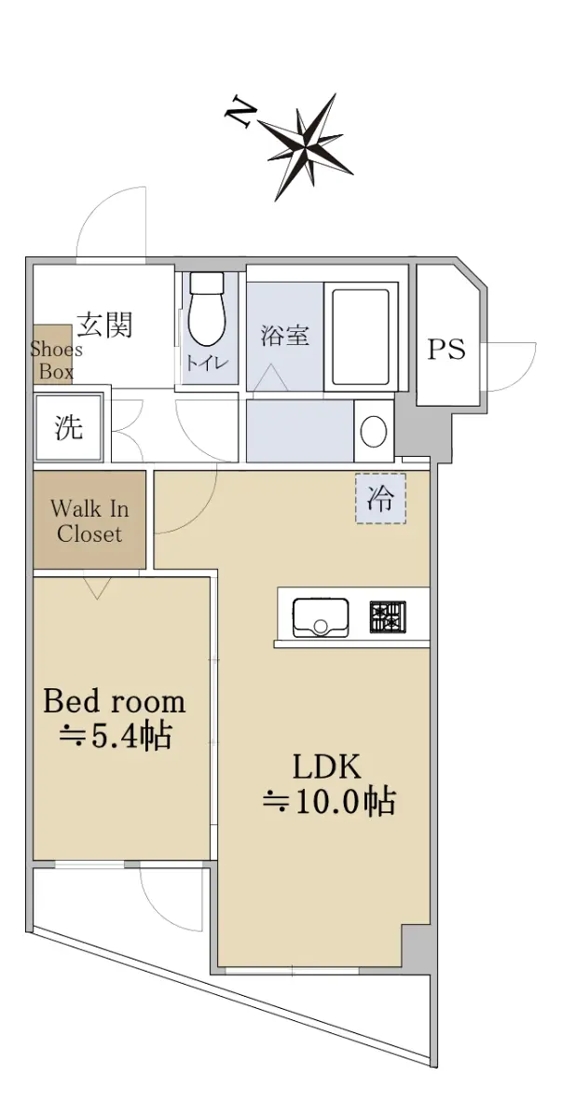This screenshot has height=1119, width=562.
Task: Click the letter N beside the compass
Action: click(x=240, y=113)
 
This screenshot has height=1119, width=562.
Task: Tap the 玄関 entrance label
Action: click(x=104, y=325)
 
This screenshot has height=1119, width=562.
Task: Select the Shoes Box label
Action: click(x=56, y=360)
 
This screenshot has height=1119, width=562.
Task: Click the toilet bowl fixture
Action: click(x=207, y=309)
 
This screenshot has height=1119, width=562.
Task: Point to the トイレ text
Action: click(x=207, y=362)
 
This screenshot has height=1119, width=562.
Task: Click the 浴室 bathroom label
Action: click(x=285, y=335)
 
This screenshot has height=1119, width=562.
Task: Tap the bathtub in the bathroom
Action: click(x=361, y=337)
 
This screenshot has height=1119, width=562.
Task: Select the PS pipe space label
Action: click(x=446, y=349)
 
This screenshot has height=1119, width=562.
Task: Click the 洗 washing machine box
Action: click(x=69, y=427)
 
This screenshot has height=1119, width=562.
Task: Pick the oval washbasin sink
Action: click(x=374, y=432)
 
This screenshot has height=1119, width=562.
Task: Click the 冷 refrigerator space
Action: click(x=380, y=498)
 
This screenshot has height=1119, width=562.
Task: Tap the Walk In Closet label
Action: click(x=89, y=521)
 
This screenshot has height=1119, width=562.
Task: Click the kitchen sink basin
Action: click(x=321, y=618)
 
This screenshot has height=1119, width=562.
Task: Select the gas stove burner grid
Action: click(x=388, y=617)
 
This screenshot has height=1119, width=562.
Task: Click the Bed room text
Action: click(x=115, y=701)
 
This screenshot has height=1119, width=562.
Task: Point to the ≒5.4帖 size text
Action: click(x=116, y=736)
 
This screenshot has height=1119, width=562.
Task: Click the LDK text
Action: click(x=327, y=767)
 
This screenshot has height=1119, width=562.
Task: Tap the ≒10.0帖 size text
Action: click(x=329, y=801)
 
